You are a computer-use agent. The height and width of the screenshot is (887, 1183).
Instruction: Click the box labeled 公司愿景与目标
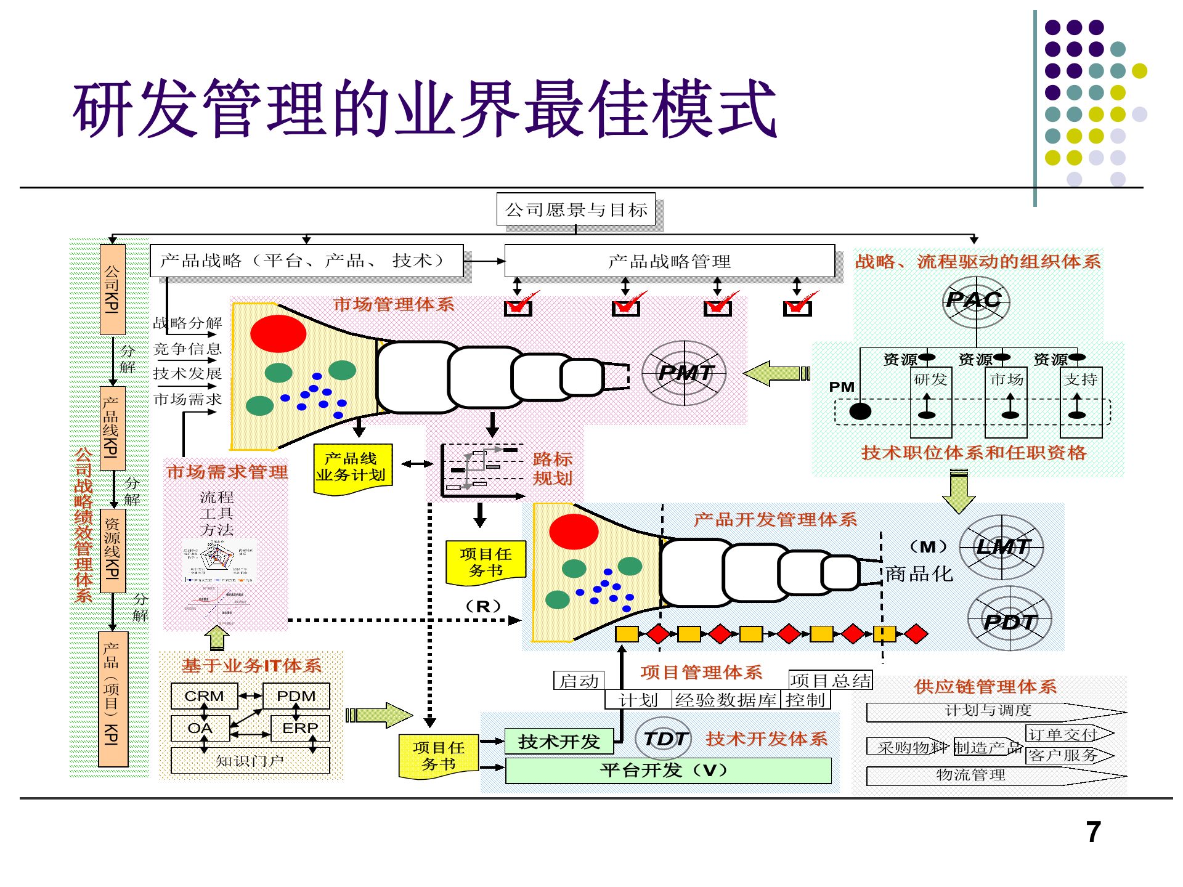(x=575, y=210)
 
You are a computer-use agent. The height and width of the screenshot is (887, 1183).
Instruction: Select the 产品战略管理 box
(x=669, y=261)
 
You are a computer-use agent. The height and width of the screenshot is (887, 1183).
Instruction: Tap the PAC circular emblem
(x=975, y=301)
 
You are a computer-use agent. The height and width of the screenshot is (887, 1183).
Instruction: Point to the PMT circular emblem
(x=684, y=373)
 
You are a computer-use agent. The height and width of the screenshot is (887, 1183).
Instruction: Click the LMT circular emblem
(x=1002, y=547)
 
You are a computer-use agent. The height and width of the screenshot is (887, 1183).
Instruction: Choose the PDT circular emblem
(x=1010, y=619)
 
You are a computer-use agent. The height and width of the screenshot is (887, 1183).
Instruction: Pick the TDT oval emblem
(x=664, y=739)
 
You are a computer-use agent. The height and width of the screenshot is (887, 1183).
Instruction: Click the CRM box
(x=204, y=696)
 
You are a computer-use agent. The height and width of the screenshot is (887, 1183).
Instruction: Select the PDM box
(x=296, y=696)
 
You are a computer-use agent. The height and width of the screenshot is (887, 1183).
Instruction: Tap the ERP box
(x=300, y=728)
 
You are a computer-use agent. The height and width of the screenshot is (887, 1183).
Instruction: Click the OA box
(x=200, y=728)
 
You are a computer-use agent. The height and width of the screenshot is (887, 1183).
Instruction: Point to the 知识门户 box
(x=250, y=761)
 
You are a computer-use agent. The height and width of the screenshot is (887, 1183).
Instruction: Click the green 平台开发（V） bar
(x=668, y=771)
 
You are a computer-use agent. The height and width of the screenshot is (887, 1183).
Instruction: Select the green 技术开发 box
(x=559, y=741)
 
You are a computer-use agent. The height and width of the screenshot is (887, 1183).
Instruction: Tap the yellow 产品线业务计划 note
(x=352, y=468)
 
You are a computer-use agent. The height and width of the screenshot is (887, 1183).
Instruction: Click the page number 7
(x=1093, y=832)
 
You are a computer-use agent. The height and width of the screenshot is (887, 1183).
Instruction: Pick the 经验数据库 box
(x=725, y=700)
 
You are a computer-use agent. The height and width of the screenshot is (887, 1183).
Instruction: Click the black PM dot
(x=860, y=411)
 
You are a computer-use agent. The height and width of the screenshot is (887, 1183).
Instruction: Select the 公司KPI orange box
(x=112, y=290)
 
